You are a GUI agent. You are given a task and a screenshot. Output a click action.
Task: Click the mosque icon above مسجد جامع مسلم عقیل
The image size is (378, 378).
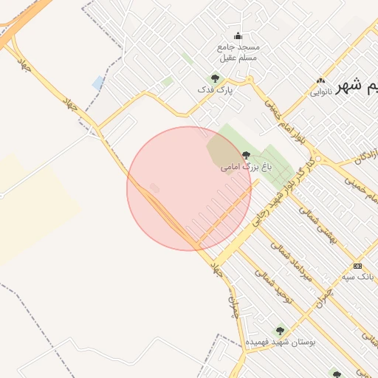click(x=238, y=35)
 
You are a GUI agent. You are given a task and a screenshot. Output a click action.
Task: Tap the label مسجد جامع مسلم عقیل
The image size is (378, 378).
click(x=238, y=52)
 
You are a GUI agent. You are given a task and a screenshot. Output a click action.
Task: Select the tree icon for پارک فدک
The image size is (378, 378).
click(x=215, y=78)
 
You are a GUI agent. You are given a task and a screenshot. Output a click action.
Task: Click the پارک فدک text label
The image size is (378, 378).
click(x=214, y=89)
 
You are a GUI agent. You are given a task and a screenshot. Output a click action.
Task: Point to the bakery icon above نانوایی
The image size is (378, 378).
click(x=320, y=80)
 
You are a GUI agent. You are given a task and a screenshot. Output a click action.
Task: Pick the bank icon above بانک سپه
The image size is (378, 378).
click(x=358, y=266)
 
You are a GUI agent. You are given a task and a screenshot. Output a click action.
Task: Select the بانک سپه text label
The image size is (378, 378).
click(x=358, y=277)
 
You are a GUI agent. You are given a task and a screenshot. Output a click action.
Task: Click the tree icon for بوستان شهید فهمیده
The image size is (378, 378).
click(x=279, y=331)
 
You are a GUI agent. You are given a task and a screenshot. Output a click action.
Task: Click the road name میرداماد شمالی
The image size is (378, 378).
click(x=292, y=262)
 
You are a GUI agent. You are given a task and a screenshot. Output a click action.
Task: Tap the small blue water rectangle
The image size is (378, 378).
click(x=97, y=82)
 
